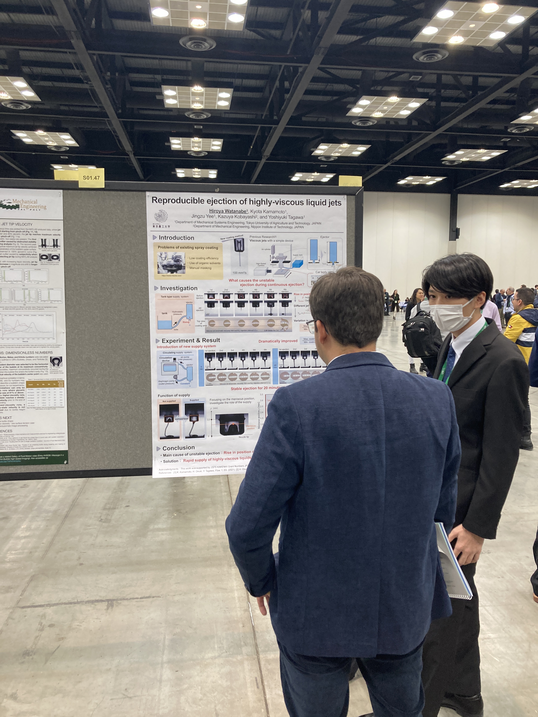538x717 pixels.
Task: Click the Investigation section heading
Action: tap(178, 288)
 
